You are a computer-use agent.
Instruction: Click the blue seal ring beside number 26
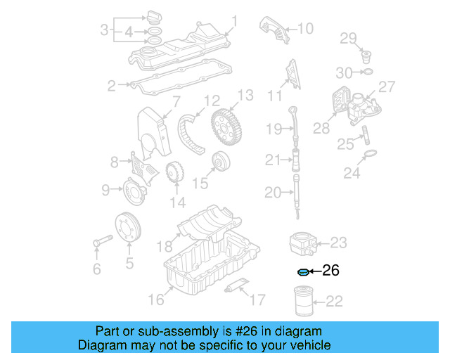[303, 271]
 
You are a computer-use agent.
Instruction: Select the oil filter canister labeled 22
[303, 302]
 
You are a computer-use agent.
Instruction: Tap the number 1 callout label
[235, 22]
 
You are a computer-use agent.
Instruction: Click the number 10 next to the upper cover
[305, 29]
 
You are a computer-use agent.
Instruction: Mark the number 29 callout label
[349, 38]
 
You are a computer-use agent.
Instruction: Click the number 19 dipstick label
[274, 129]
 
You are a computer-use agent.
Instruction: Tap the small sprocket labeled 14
[172, 173]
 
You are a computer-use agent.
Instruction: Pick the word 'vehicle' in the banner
[310, 345]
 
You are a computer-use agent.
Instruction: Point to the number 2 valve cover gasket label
[111, 86]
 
